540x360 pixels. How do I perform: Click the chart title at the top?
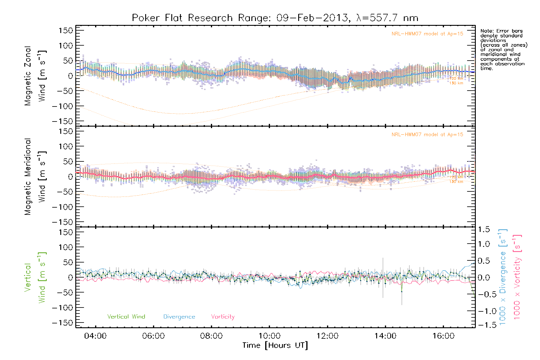click(x=275, y=18)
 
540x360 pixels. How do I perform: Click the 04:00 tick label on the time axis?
click(x=95, y=336)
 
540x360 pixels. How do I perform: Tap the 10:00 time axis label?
click(x=269, y=336)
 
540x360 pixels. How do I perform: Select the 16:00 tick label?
click(x=443, y=336)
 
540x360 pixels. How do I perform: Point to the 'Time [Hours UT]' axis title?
click(x=275, y=345)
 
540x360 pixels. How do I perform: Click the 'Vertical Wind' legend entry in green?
click(x=126, y=317)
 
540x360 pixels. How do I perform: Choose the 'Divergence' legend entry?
click(x=179, y=317)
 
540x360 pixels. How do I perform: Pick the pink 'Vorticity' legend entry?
click(x=223, y=317)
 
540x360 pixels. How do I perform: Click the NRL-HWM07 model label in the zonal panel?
click(x=427, y=34)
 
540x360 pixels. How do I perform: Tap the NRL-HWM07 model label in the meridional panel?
click(x=427, y=135)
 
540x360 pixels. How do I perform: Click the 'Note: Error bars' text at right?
click(x=501, y=31)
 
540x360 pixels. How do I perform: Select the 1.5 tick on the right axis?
click(x=484, y=229)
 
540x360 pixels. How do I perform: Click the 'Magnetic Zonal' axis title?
click(x=28, y=76)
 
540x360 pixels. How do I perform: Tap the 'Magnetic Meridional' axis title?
click(x=28, y=177)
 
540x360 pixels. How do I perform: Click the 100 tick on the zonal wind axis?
click(x=66, y=46)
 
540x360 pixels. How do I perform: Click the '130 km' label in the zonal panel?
click(x=456, y=83)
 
